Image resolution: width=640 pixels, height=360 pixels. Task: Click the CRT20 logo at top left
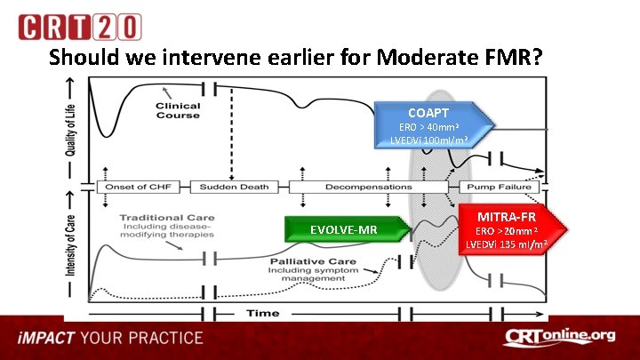(x=79, y=27)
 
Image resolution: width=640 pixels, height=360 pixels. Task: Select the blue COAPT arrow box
(x=432, y=125)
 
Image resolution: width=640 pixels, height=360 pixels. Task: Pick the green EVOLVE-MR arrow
(x=347, y=229)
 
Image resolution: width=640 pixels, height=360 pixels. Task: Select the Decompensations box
(x=355, y=187)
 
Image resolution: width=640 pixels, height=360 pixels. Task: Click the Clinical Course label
(x=178, y=111)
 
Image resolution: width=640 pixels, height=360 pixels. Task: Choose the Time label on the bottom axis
(x=262, y=312)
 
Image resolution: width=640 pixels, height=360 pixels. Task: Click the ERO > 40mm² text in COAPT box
(x=428, y=127)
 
